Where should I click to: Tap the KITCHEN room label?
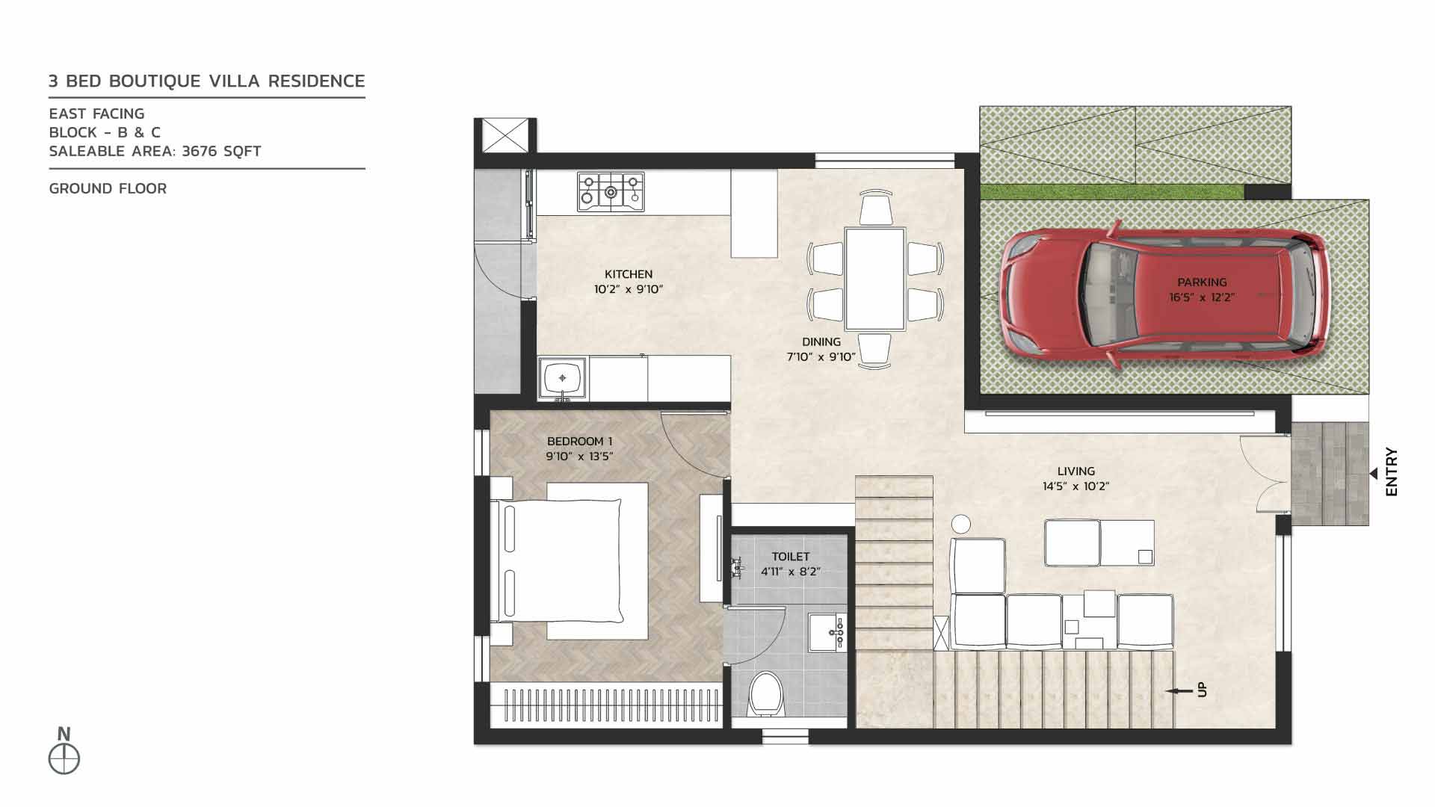(629, 274)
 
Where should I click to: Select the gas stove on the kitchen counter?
(611, 191)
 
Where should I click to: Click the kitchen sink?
(562, 378)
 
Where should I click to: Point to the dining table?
(874, 279)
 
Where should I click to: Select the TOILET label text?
(791, 557)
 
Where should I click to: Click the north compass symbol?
(64, 759)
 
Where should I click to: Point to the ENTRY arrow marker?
(1373, 474)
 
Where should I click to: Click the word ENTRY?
(1391, 471)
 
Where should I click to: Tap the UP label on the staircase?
(1202, 690)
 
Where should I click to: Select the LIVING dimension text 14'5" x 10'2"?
(1076, 486)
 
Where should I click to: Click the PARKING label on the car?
(1202, 282)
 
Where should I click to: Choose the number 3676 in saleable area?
(200, 152)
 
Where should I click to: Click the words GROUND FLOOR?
(108, 189)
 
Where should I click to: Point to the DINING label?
(821, 341)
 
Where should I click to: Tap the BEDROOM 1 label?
(579, 442)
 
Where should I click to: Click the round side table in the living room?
(961, 524)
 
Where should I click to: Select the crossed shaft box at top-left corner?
(504, 136)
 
